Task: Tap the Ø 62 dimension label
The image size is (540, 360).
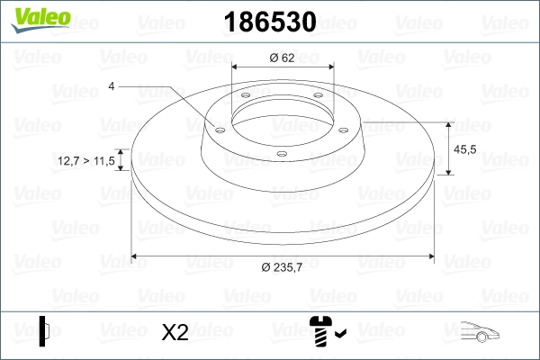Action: point(283,58)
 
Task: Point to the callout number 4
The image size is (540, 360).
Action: point(111,86)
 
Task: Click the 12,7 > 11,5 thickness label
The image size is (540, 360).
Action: point(85,160)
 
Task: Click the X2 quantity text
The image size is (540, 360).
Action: point(175,332)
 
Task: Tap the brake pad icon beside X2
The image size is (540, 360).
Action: point(45,330)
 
